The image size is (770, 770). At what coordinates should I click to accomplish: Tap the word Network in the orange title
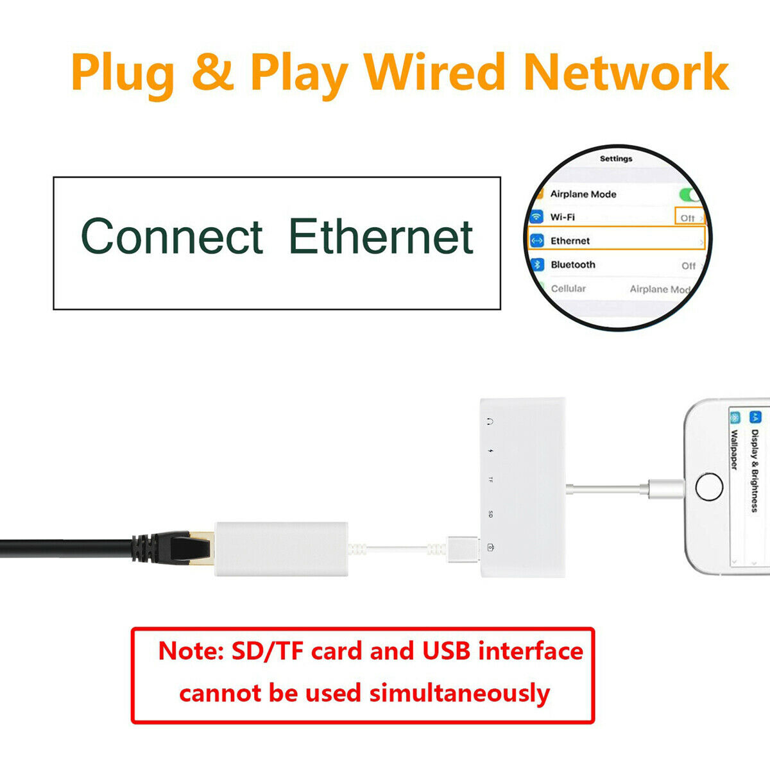pos(626,72)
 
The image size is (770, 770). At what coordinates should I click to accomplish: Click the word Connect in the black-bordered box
pos(172,236)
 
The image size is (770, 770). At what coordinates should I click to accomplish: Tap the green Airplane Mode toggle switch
pos(690,194)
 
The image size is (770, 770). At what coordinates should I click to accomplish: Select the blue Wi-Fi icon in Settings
pos(536,217)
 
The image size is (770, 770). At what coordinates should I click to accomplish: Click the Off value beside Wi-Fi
pos(688,218)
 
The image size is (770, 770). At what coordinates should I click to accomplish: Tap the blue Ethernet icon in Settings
pos(537,241)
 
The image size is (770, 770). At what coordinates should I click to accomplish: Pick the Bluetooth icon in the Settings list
pos(537,264)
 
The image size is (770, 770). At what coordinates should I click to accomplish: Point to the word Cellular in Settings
pos(568,289)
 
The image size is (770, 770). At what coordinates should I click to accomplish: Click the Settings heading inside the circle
pos(616,158)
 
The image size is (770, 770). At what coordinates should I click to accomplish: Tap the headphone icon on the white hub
pos(490,422)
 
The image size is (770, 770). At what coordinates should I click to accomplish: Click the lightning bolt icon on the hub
pos(491,451)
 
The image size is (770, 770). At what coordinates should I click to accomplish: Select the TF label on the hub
pos(491,480)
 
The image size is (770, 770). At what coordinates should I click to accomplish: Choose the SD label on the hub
pos(491,514)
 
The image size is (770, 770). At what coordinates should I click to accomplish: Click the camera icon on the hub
pos(491,547)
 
